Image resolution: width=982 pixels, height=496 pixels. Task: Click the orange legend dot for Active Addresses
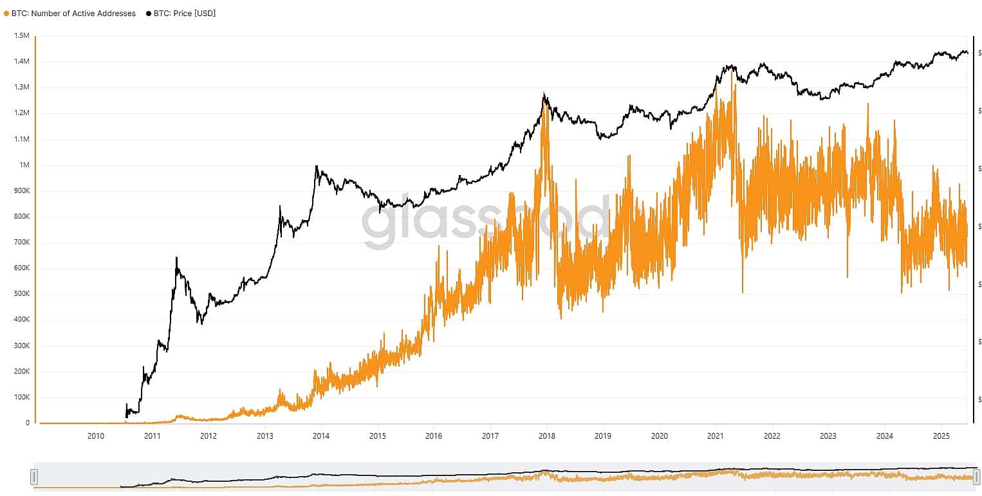click(6, 13)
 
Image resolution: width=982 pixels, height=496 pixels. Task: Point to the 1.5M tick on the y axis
click(22, 36)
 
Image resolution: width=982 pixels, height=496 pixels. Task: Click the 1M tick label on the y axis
click(24, 165)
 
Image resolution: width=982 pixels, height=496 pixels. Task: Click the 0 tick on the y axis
click(28, 423)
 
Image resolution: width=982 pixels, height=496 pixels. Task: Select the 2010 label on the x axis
click(96, 436)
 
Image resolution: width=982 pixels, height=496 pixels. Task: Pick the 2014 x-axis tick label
click(321, 436)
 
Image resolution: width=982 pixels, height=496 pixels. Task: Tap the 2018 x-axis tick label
click(547, 436)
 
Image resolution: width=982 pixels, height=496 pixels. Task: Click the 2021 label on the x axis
click(716, 436)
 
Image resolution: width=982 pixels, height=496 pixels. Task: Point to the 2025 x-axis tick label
click(941, 436)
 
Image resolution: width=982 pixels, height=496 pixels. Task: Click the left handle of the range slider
click(34, 477)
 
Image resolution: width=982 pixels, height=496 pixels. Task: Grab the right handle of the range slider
click(976, 477)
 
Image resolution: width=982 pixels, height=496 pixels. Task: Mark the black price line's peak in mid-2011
click(176, 258)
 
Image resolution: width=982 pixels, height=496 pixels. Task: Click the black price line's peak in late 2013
click(316, 166)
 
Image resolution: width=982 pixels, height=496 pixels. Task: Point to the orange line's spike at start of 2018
click(544, 93)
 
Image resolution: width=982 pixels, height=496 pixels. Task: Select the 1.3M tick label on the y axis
click(22, 87)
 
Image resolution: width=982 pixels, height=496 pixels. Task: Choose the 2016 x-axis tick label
click(434, 436)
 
